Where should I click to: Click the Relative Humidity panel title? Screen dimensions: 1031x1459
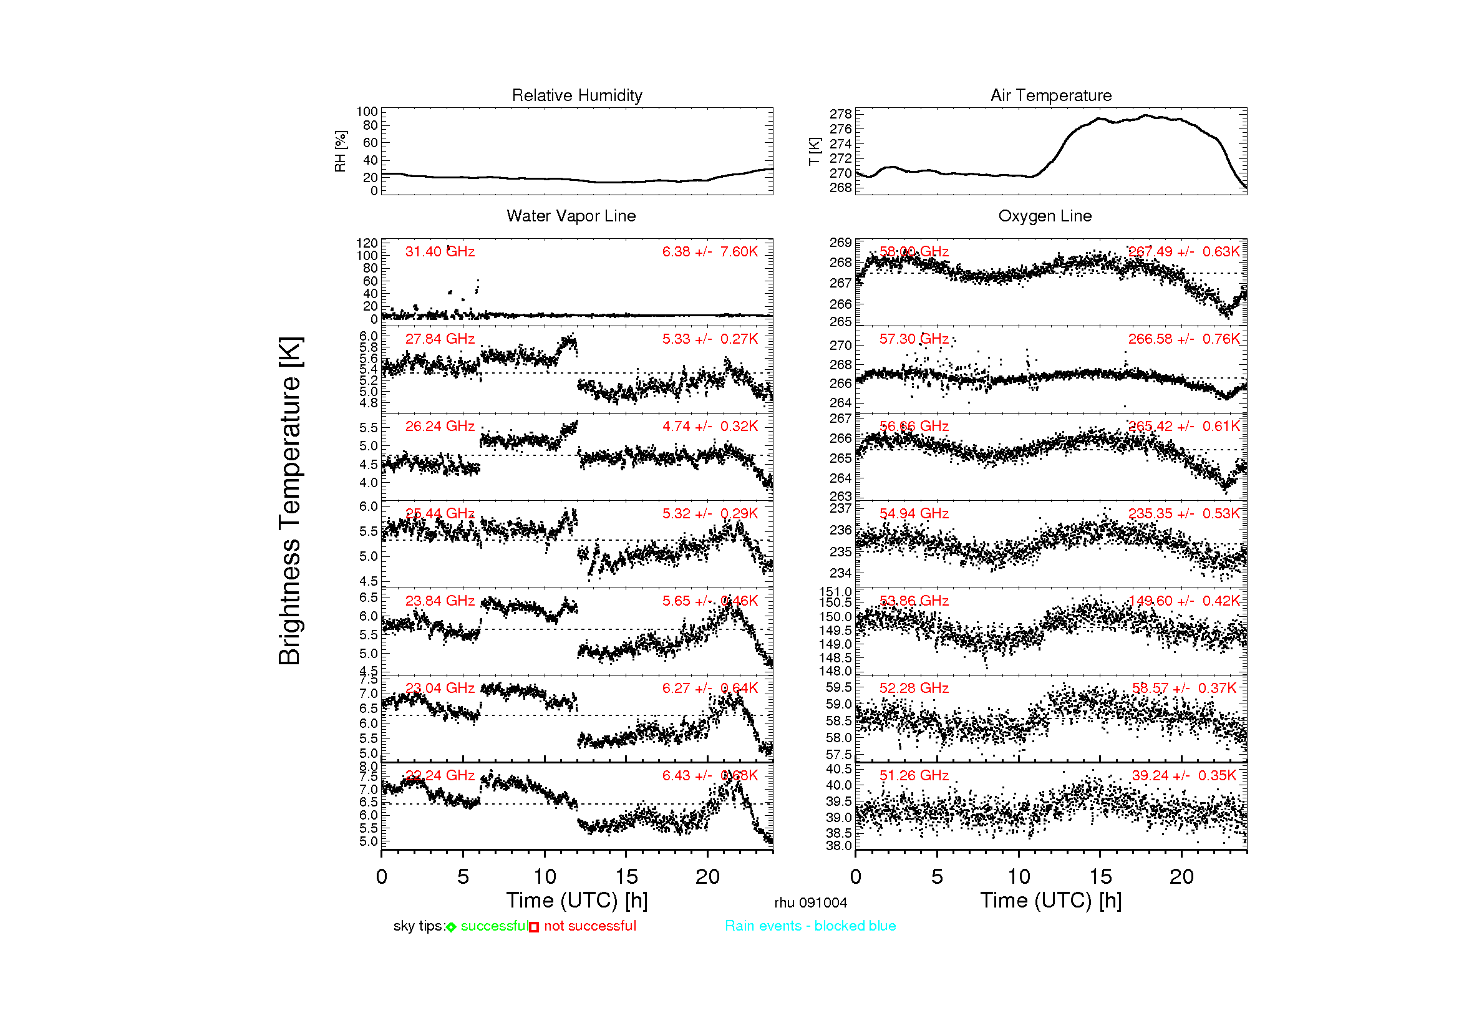(x=576, y=95)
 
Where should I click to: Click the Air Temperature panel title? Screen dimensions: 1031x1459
(x=1050, y=95)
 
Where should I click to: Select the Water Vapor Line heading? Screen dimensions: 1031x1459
(x=571, y=216)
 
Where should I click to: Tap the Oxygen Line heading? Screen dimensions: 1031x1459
(x=1044, y=216)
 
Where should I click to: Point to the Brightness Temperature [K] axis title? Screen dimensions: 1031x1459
(x=290, y=501)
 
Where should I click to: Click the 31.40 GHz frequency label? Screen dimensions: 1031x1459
(x=440, y=251)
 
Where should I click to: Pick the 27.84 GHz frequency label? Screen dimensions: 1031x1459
(x=440, y=339)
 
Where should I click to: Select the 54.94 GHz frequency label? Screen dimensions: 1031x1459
(x=913, y=513)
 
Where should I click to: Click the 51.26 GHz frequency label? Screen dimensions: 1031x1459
(x=913, y=775)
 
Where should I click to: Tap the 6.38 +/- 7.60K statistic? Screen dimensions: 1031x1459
(x=709, y=251)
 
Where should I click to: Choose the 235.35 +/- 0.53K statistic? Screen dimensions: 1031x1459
(x=1183, y=513)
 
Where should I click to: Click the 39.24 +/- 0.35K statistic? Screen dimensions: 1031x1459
(x=1183, y=775)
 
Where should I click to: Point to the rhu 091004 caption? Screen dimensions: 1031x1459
(x=810, y=903)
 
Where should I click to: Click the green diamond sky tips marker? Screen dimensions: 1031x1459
(x=451, y=927)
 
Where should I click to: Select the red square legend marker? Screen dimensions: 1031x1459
(x=534, y=927)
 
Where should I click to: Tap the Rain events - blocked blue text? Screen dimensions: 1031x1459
(x=810, y=926)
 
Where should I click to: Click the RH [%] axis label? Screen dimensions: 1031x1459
(x=341, y=151)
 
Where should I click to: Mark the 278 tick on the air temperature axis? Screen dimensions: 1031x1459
(x=840, y=114)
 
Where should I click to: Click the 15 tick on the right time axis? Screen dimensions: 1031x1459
(x=1100, y=877)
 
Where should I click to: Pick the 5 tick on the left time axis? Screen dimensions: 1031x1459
(x=463, y=877)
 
